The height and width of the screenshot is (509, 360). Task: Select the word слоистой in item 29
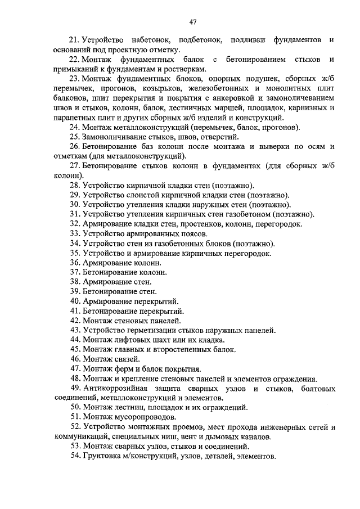[x=138, y=195]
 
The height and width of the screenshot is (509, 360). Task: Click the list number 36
[x=75, y=263]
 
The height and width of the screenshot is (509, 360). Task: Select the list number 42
[x=75, y=321]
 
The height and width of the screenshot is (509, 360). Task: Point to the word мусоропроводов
[x=143, y=417]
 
